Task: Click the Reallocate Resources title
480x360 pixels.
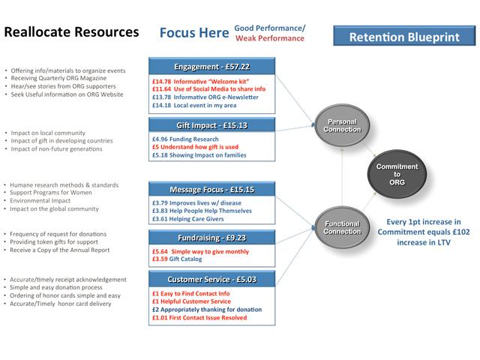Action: (71, 34)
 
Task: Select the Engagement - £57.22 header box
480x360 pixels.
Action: (212, 66)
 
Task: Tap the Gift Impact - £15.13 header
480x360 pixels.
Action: (212, 125)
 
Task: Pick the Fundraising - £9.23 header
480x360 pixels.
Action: (212, 238)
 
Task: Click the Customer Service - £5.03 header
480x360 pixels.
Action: (212, 279)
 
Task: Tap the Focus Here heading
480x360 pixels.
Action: (192, 34)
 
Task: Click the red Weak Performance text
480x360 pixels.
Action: (271, 38)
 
